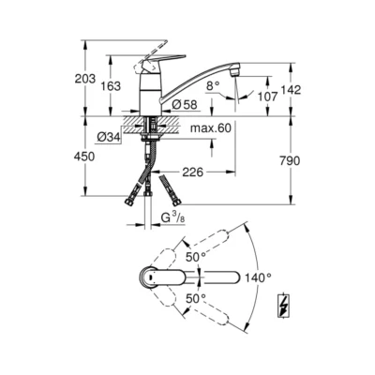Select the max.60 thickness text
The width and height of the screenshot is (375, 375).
[210, 126]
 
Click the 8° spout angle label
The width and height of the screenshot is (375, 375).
[212, 83]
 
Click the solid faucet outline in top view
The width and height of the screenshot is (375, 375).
[173, 278]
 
